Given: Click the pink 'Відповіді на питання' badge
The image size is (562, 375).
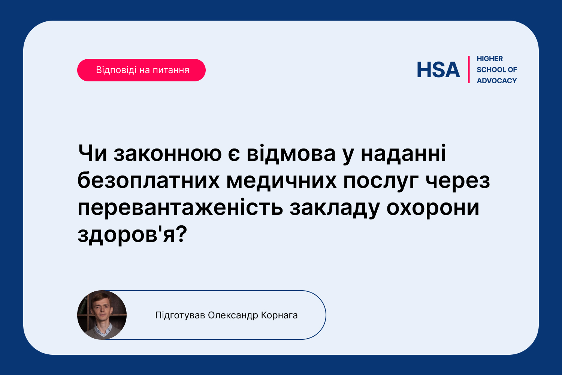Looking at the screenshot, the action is click(x=141, y=70).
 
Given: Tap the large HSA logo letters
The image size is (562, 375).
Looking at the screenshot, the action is click(x=438, y=70).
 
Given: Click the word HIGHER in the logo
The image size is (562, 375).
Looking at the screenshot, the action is click(x=490, y=58).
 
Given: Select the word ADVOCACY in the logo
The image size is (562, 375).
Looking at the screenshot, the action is click(x=497, y=81).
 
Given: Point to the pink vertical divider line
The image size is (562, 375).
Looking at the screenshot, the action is click(x=469, y=70).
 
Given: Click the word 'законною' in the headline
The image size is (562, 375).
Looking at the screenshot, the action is click(x=167, y=153).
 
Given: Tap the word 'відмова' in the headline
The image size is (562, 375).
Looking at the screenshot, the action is click(x=291, y=153).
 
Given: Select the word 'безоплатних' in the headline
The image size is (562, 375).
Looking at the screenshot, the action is click(x=148, y=181).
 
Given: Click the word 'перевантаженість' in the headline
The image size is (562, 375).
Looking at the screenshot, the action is click(x=180, y=208).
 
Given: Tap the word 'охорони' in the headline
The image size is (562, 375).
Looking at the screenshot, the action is click(x=433, y=208).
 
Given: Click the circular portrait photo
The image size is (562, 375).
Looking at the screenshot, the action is click(x=102, y=315).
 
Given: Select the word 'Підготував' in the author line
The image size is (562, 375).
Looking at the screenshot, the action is click(x=180, y=315).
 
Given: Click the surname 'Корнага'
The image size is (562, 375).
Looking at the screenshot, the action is click(x=279, y=315).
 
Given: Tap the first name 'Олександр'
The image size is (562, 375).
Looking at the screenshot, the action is click(x=233, y=315).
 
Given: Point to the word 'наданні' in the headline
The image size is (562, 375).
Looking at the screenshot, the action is click(x=404, y=153).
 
